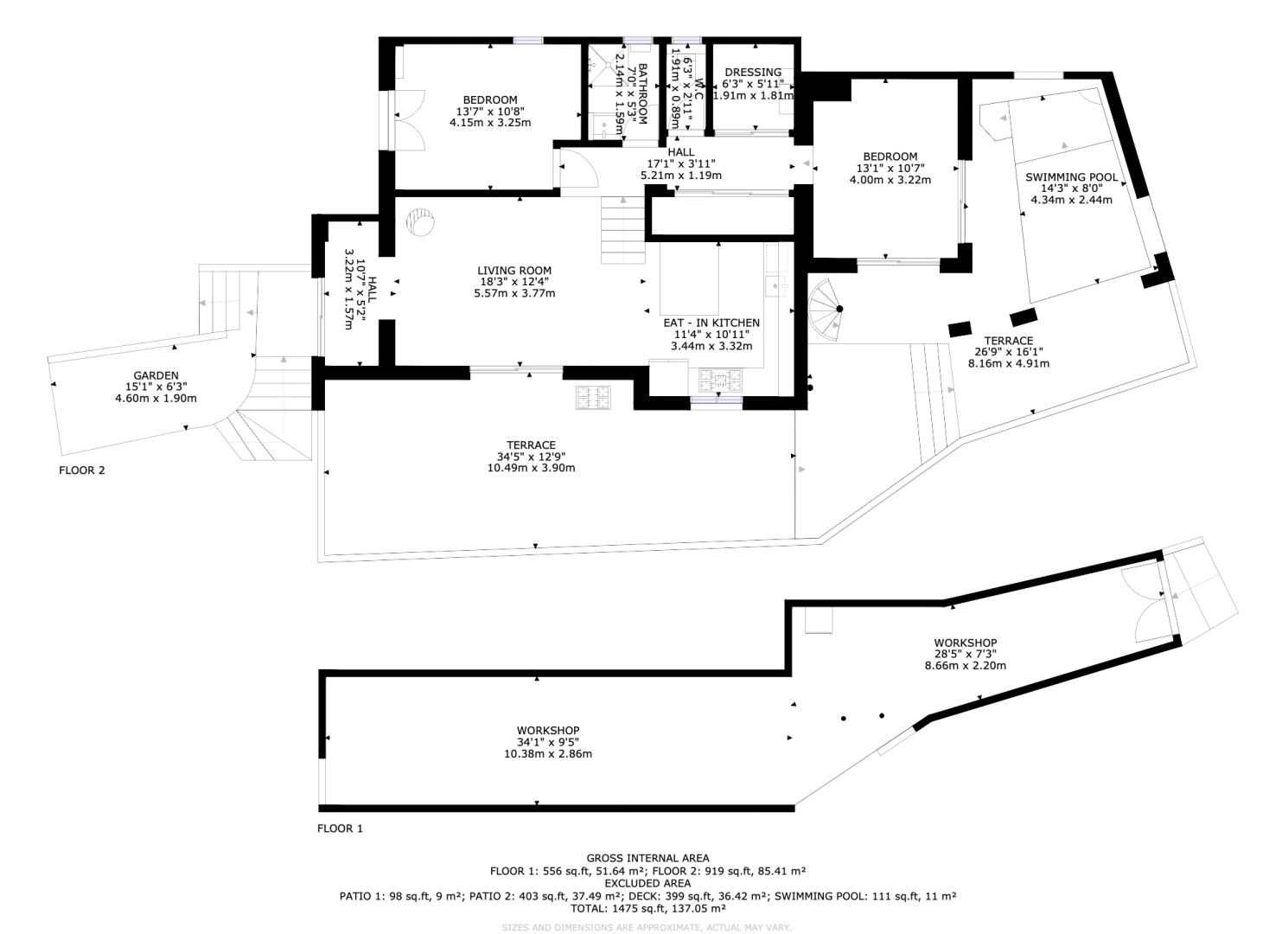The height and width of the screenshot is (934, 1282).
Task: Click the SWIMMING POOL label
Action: coord(1071,177)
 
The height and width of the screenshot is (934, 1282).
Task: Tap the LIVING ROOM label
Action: coord(514,271)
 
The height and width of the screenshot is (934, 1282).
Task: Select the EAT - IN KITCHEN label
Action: coord(711,323)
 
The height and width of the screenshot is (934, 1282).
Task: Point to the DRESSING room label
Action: coord(753,72)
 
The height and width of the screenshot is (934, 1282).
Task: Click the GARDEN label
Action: coord(156,375)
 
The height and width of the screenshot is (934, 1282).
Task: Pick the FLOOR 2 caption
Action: coord(82,470)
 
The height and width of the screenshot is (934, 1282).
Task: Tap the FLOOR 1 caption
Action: coord(340,828)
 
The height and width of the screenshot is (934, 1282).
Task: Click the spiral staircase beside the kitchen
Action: coord(825,310)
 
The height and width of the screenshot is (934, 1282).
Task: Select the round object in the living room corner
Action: coord(420,221)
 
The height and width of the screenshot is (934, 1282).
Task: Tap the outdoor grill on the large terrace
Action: coord(593,398)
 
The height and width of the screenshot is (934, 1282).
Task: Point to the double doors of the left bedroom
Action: coord(410,120)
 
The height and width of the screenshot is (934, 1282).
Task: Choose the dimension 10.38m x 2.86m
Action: coord(548,753)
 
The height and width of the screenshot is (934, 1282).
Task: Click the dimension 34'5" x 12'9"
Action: coord(531,457)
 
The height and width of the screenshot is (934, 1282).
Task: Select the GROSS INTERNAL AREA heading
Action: coord(647,858)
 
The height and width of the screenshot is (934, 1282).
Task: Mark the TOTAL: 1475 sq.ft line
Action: coord(647,908)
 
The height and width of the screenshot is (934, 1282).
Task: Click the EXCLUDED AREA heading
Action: coord(647,883)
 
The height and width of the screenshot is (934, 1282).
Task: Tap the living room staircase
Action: coord(622,230)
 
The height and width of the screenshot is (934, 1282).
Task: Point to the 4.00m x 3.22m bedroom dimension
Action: coord(890,180)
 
